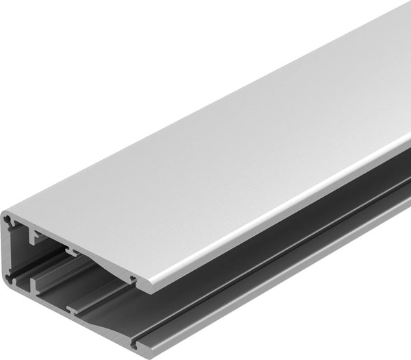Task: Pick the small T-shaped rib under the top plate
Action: tap(71, 252)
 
